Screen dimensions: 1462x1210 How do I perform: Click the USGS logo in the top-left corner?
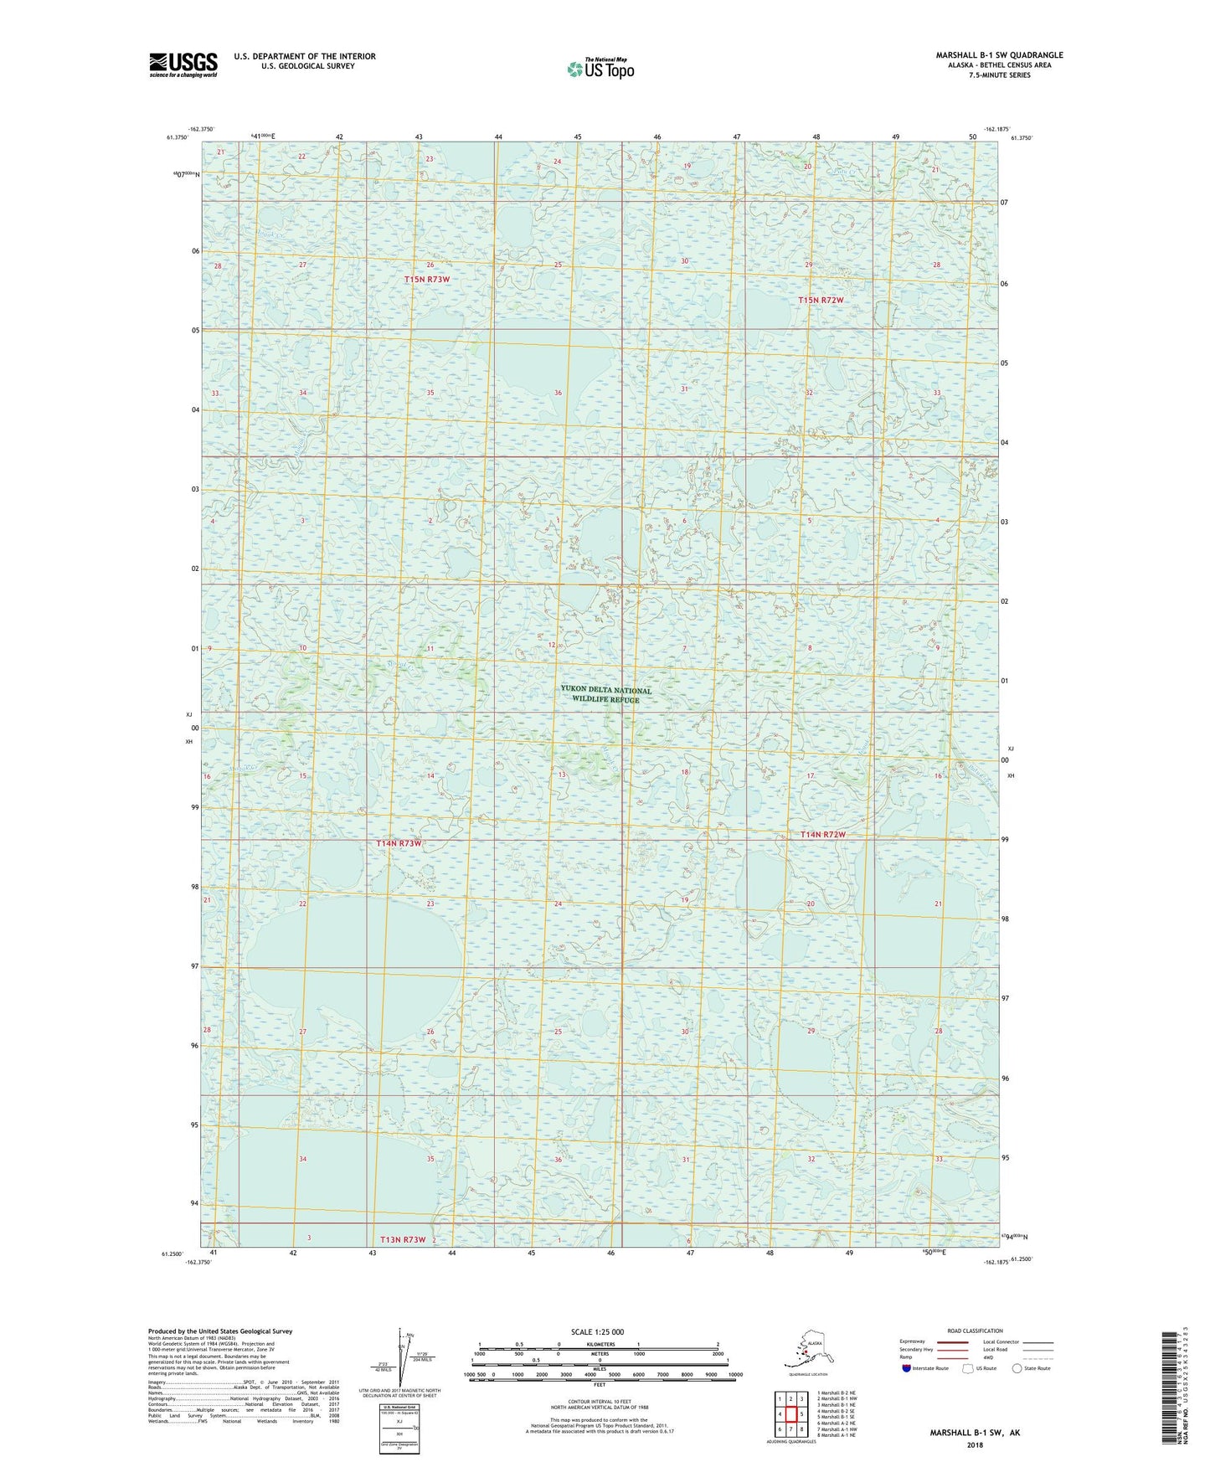pos(183,64)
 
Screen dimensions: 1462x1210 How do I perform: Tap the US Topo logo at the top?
pos(600,69)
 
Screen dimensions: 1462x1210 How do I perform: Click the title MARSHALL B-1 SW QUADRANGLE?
pos(999,55)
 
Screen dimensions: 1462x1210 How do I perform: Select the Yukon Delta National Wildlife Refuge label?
pos(605,695)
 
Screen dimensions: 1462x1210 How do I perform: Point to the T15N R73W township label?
pos(427,279)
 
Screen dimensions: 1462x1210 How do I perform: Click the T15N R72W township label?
pos(821,300)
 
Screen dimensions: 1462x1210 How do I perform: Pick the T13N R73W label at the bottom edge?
pos(403,1239)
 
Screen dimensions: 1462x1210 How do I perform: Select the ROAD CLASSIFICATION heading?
pos(974,1331)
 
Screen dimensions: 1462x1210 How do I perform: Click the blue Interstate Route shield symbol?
pos(906,1368)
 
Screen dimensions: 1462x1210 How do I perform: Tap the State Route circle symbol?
pos(1017,1368)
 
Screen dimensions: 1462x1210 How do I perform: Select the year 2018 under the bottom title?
pos(974,1444)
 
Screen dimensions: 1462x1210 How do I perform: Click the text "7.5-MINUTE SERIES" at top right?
pos(1019,75)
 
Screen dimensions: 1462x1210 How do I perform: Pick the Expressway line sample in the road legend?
pos(951,1341)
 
